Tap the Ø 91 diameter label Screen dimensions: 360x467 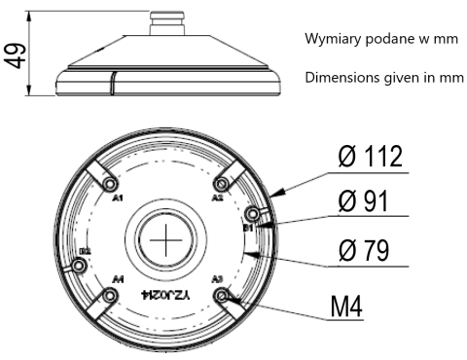(362, 201)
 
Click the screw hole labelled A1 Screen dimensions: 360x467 (112, 185)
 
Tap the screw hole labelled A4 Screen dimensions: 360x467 (112, 296)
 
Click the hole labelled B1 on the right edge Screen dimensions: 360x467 (253, 213)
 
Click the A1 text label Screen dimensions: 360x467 (118, 198)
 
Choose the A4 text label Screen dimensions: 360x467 (118, 280)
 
